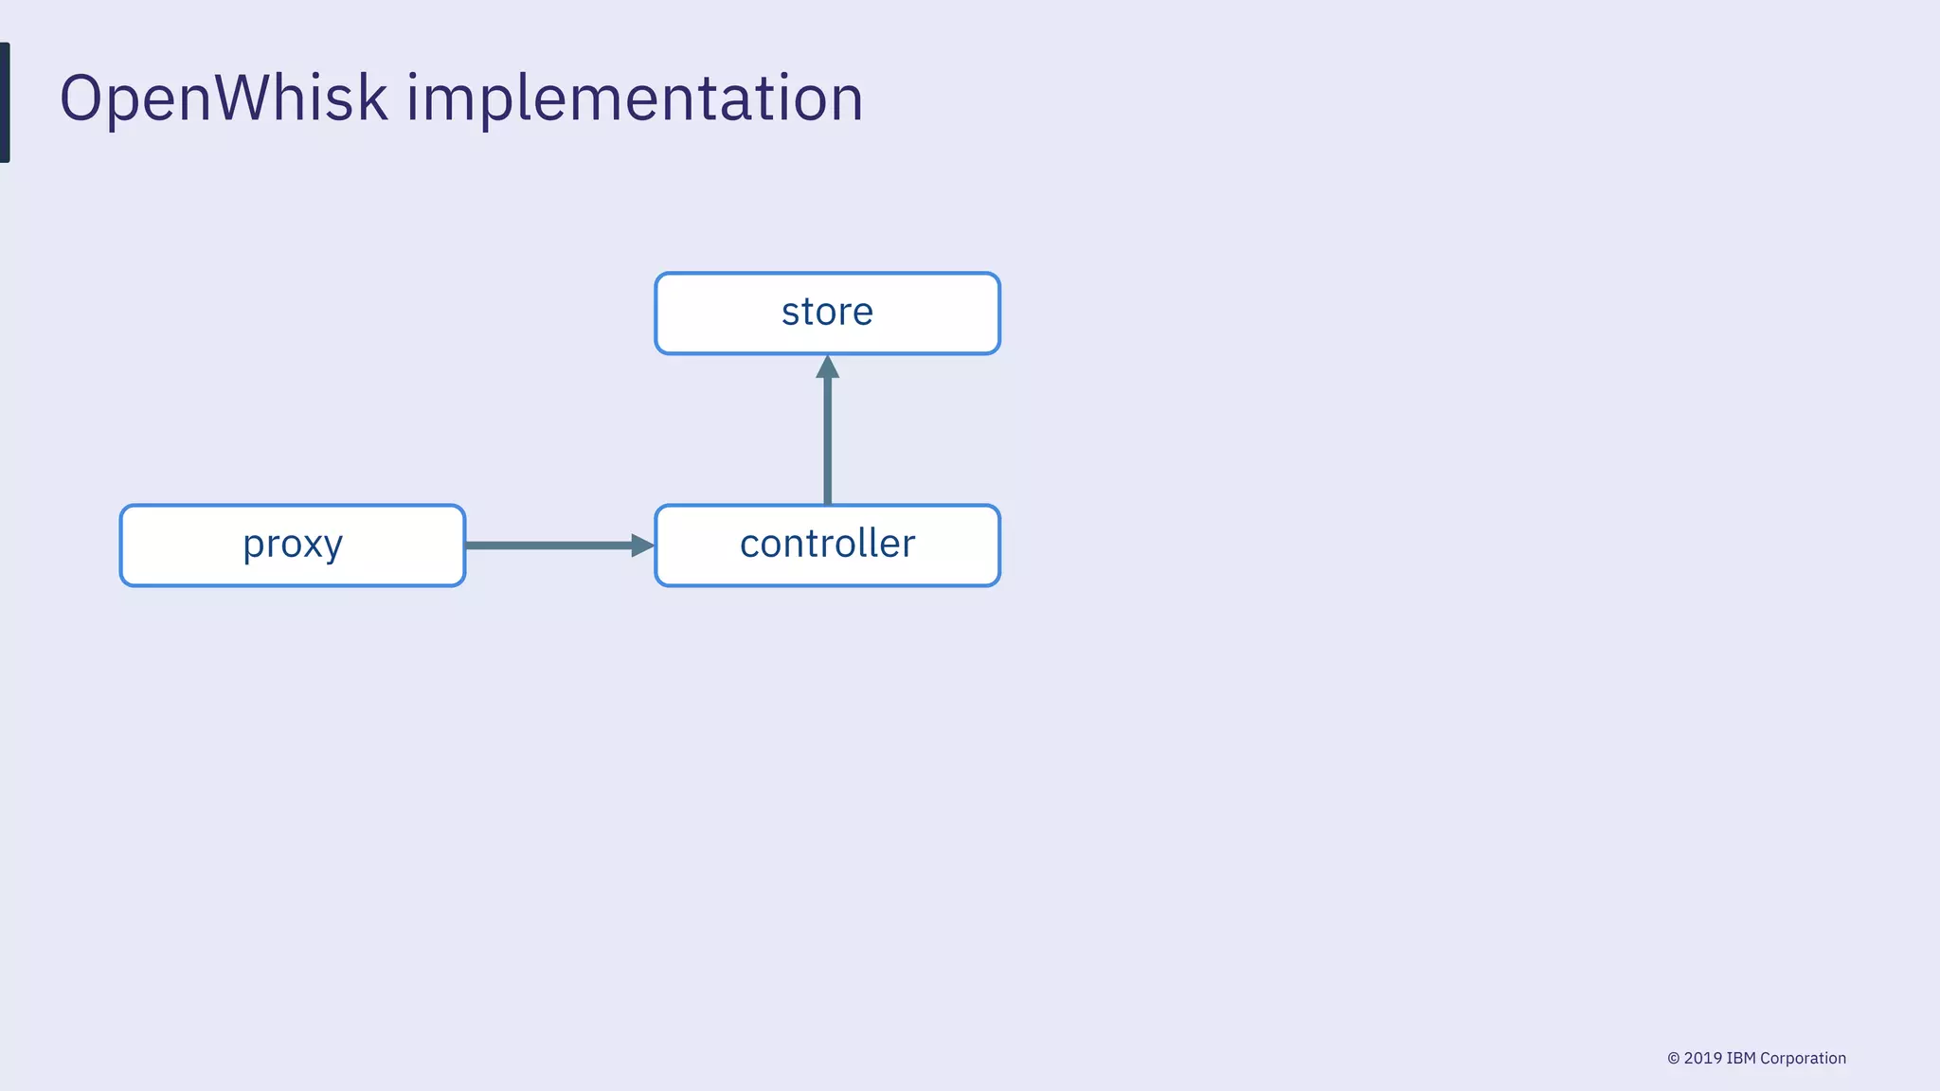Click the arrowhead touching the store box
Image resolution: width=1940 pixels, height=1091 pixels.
pyautogui.click(x=828, y=367)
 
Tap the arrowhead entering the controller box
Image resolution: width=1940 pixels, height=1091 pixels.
pyautogui.click(x=642, y=545)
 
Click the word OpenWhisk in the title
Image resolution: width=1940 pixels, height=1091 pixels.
pyautogui.click(x=224, y=98)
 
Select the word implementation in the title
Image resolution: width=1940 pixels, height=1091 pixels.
pyautogui.click(x=635, y=98)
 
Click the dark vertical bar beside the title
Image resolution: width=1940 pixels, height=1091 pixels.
pyautogui.click(x=5, y=102)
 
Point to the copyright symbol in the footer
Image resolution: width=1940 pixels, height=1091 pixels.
pyautogui.click(x=1674, y=1059)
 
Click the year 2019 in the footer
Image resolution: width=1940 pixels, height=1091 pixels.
pyautogui.click(x=1703, y=1058)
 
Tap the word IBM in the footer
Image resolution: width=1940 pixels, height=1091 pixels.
pyautogui.click(x=1741, y=1058)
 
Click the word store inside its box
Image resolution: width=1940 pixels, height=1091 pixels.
pyautogui.click(x=827, y=312)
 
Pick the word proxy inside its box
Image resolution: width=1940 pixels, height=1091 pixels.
pyautogui.click(x=293, y=545)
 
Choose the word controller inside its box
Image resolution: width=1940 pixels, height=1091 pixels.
pyautogui.click(x=827, y=544)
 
